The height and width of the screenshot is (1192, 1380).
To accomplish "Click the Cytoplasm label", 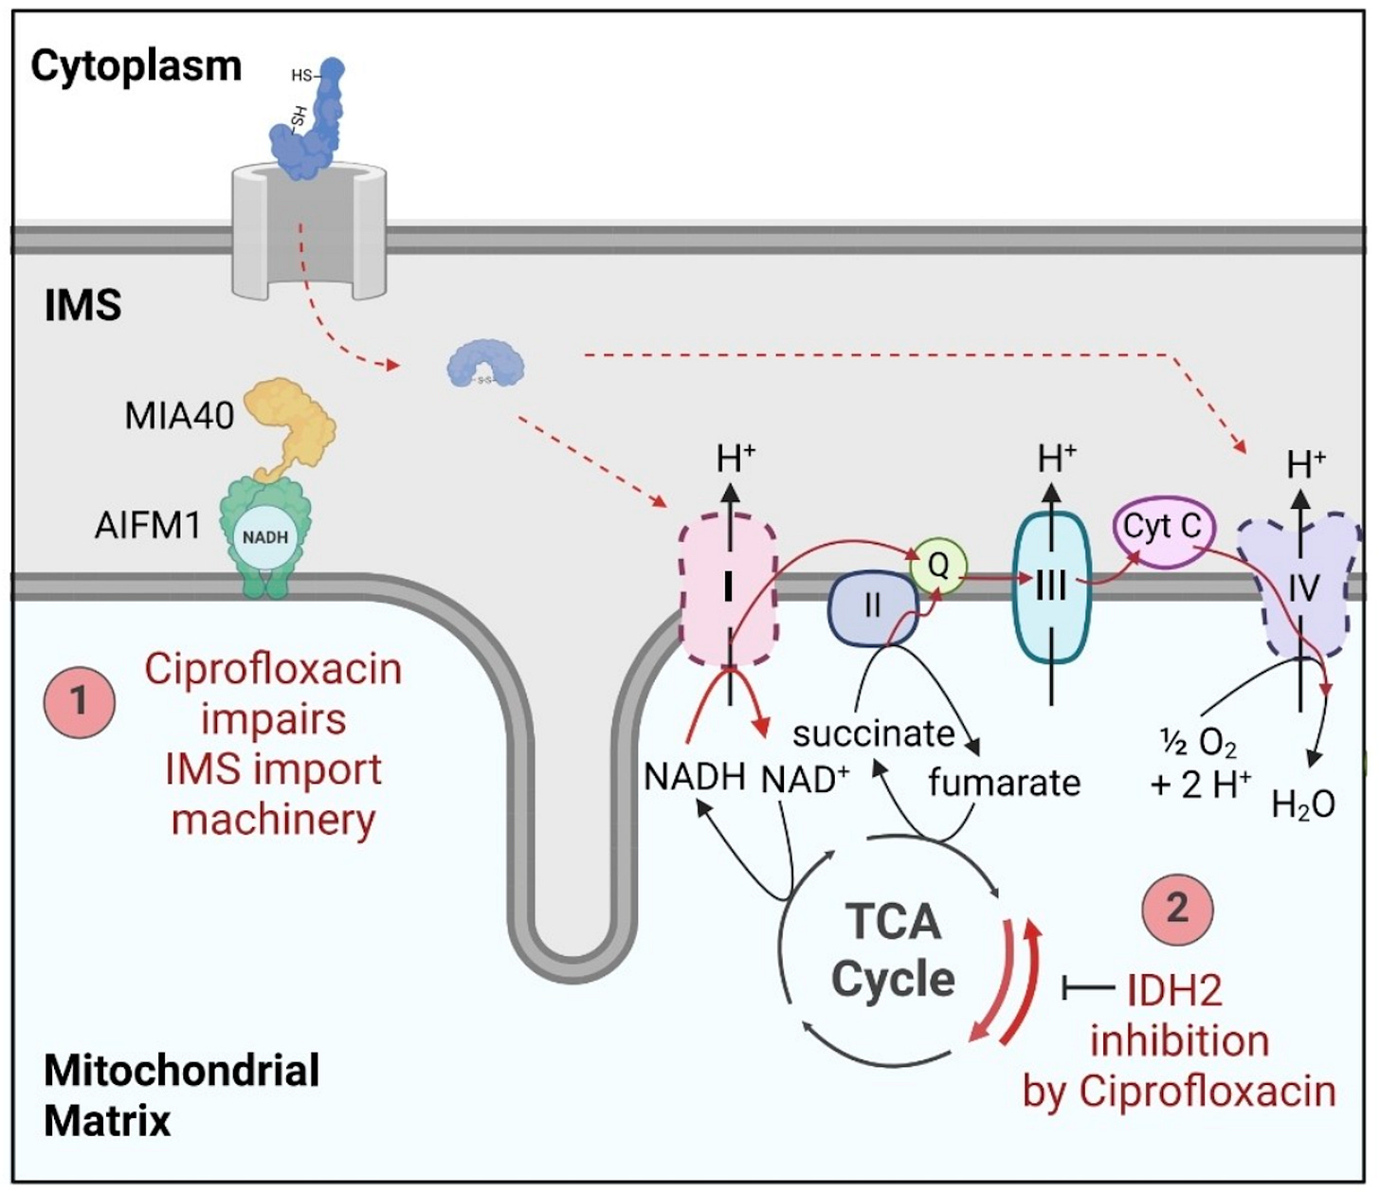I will pos(136,66).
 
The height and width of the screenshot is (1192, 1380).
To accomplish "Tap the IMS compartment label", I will pos(82,306).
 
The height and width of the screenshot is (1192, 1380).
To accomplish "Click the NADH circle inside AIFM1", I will pos(265,537).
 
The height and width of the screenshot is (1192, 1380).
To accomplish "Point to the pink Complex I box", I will pos(728,589).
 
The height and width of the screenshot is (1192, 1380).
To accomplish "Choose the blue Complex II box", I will pos(873,607).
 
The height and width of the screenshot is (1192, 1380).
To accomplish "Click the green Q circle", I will pos(937,566).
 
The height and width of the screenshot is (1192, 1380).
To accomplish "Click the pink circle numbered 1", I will pos(80,702).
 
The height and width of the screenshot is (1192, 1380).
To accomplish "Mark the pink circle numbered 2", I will pos(1177,908).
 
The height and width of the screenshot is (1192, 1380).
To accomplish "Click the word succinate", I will pos(874,733).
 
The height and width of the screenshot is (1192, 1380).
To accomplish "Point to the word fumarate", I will pos(1004,783).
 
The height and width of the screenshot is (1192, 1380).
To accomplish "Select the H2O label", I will pos(1303,804).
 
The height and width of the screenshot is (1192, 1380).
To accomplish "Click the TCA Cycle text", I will pos(893,950).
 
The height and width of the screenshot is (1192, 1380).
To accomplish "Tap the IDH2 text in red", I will pos(1174,990).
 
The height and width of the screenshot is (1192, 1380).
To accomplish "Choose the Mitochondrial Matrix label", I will pos(180,1095).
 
